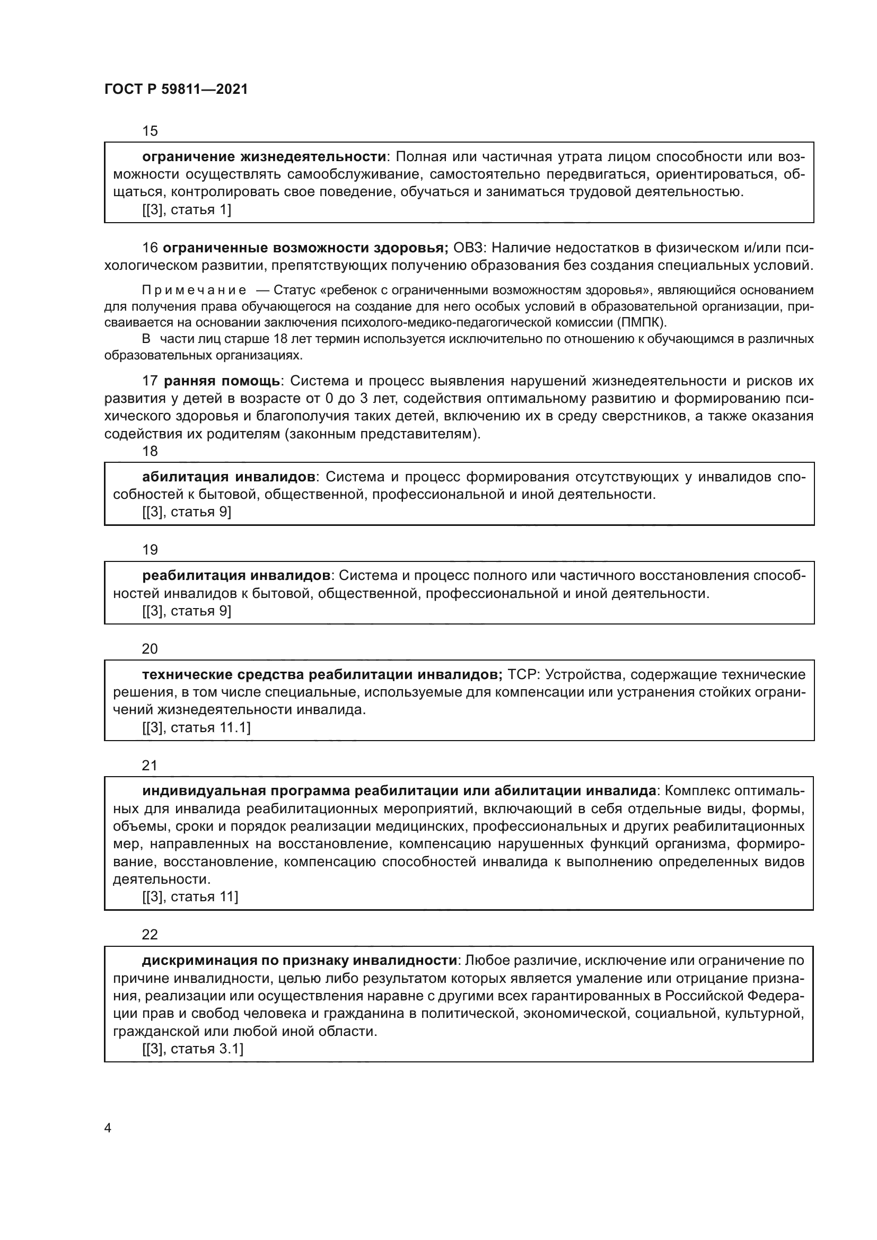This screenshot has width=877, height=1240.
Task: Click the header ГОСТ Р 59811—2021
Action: pos(176,89)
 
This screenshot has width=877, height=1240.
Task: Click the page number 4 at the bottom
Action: pos(108,1128)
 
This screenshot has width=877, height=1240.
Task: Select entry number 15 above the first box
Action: pos(150,131)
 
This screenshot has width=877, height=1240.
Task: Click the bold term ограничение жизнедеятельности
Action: pos(264,157)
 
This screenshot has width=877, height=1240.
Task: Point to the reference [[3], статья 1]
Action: pos(187,209)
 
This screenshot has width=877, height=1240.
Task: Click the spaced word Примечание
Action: pos(194,291)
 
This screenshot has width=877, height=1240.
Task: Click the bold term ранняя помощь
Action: pos(222,381)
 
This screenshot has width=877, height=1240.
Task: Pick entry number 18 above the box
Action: pos(150,451)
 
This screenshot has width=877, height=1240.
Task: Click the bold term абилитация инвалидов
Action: pos(229,477)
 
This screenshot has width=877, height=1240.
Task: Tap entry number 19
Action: pos(150,550)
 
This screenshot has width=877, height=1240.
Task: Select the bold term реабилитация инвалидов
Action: pos(236,575)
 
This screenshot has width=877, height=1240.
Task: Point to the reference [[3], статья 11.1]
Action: pos(197,727)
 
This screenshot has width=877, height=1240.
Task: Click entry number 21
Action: pos(150,766)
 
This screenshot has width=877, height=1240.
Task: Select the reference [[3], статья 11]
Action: pos(190,896)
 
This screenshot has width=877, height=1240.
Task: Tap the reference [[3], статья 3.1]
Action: pos(193,1049)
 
